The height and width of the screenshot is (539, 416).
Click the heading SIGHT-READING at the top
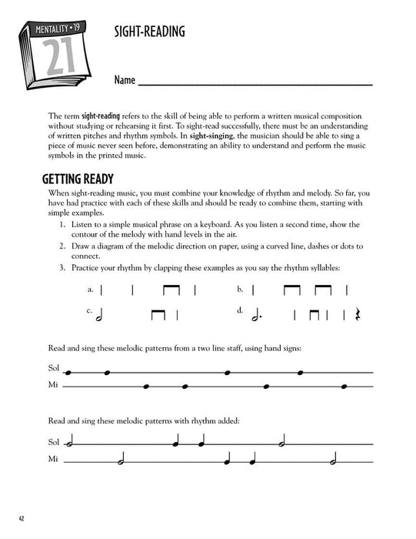tap(152, 34)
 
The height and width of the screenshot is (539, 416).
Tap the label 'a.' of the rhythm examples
tap(90, 290)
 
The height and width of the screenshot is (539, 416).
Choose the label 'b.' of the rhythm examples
tap(240, 290)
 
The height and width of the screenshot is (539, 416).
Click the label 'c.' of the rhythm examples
tap(90, 312)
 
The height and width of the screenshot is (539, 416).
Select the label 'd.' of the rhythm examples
tap(240, 312)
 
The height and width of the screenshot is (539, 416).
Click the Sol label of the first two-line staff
tap(53, 370)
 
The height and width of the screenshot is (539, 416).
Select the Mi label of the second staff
tap(53, 460)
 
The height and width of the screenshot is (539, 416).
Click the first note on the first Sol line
tap(69, 372)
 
